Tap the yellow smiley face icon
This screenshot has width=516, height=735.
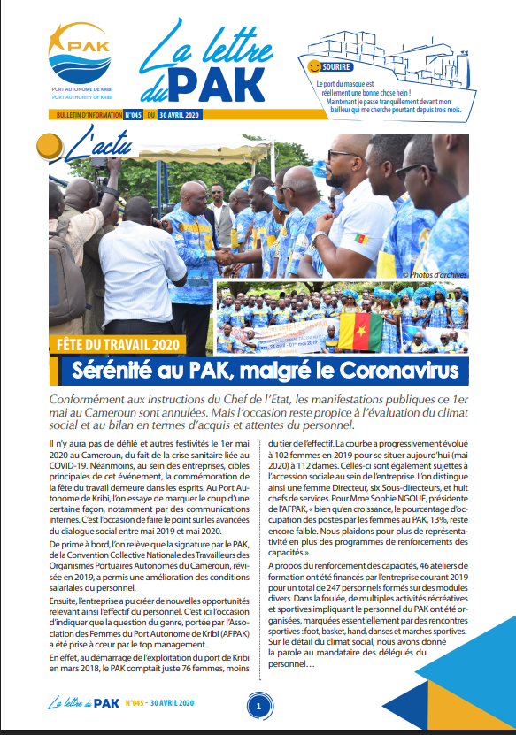click(314, 66)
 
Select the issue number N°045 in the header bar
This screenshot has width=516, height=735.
click(132, 115)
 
